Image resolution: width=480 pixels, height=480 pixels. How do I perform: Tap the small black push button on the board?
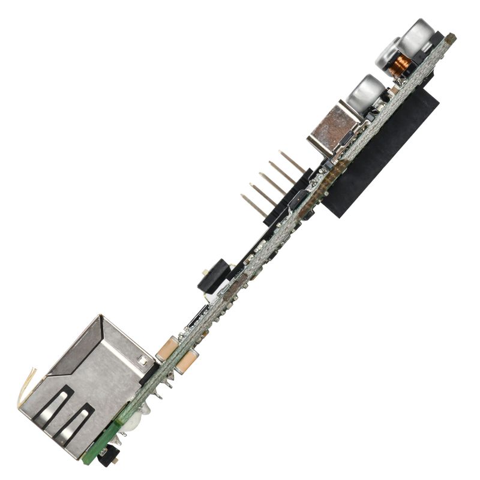[x=211, y=277]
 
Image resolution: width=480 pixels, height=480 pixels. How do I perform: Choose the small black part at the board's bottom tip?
[x=108, y=458]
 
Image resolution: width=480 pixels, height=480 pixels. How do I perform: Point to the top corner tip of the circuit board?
[x=451, y=37]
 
